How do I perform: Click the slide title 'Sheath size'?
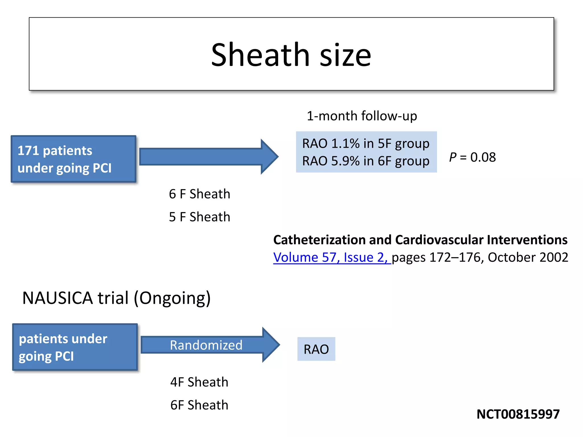click(291, 55)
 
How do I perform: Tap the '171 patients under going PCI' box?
click(73, 159)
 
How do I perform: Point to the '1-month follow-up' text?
click(362, 116)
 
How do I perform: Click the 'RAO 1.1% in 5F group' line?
click(366, 143)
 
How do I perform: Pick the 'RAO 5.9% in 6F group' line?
click(366, 161)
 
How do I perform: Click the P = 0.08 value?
click(472, 157)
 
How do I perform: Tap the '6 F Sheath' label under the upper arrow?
click(199, 194)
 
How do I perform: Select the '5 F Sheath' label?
click(199, 217)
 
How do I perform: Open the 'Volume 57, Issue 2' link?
click(330, 257)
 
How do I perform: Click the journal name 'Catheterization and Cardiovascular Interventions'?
click(420, 240)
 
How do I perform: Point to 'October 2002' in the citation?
click(528, 257)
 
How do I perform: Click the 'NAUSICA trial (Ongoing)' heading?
click(116, 298)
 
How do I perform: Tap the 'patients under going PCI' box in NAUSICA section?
click(75, 347)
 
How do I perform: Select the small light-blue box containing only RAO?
click(316, 349)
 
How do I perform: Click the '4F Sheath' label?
click(199, 382)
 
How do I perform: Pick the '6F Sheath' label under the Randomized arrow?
click(199, 405)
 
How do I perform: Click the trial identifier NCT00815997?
click(518, 414)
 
